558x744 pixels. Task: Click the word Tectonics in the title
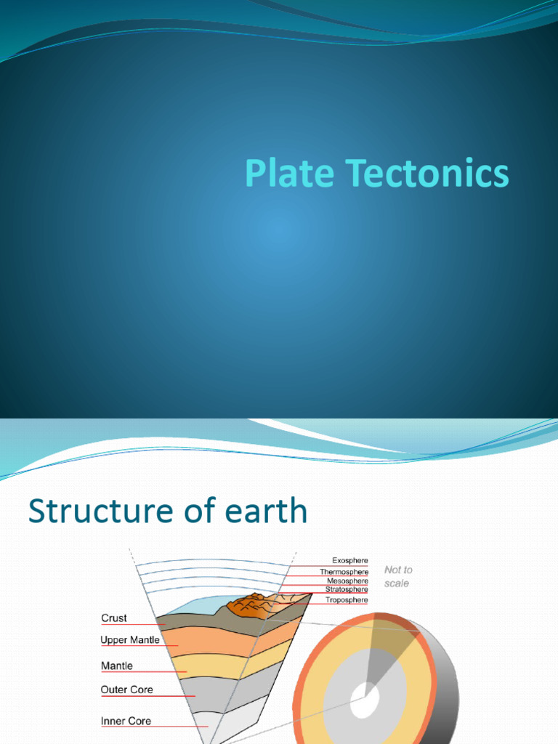click(x=427, y=174)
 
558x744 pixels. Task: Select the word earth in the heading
click(x=267, y=511)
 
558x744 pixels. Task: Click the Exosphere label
click(x=350, y=561)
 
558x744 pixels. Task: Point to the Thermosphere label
click(x=344, y=572)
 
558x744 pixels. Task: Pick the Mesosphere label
click(x=347, y=581)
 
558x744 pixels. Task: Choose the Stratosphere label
click(x=347, y=590)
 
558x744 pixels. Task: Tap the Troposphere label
click(x=347, y=600)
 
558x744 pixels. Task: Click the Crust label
click(x=114, y=618)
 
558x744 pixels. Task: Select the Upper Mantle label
click(x=130, y=640)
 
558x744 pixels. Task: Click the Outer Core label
click(x=127, y=690)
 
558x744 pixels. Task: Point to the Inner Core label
click(x=126, y=721)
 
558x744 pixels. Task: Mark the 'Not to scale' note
click(x=398, y=577)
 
